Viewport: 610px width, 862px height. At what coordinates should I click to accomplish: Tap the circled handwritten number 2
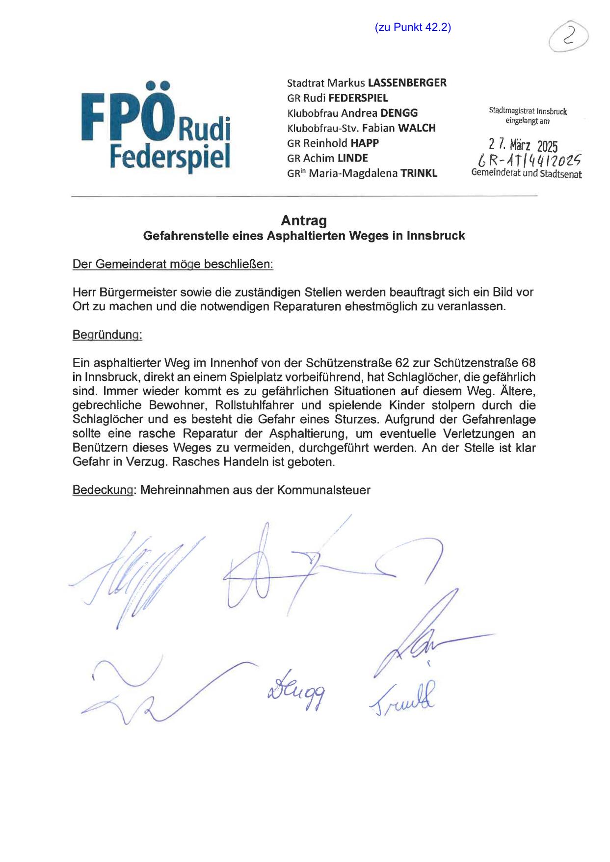click(569, 37)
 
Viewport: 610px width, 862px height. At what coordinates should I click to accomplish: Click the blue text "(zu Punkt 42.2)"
click(413, 27)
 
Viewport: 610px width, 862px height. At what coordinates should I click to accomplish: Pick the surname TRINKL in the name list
click(419, 173)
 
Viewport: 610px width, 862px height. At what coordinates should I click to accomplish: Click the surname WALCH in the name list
click(417, 128)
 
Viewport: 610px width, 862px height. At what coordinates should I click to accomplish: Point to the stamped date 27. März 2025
click(523, 145)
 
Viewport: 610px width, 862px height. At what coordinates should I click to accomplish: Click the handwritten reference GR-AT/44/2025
click(526, 160)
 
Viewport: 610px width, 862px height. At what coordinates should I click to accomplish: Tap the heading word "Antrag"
click(304, 220)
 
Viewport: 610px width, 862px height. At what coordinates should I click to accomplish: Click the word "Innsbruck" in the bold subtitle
click(435, 236)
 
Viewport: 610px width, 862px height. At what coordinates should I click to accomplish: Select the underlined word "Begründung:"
click(107, 335)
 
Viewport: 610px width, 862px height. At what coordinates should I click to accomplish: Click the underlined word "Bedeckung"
click(103, 490)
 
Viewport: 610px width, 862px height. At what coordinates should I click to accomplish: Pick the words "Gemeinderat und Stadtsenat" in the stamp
click(526, 173)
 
